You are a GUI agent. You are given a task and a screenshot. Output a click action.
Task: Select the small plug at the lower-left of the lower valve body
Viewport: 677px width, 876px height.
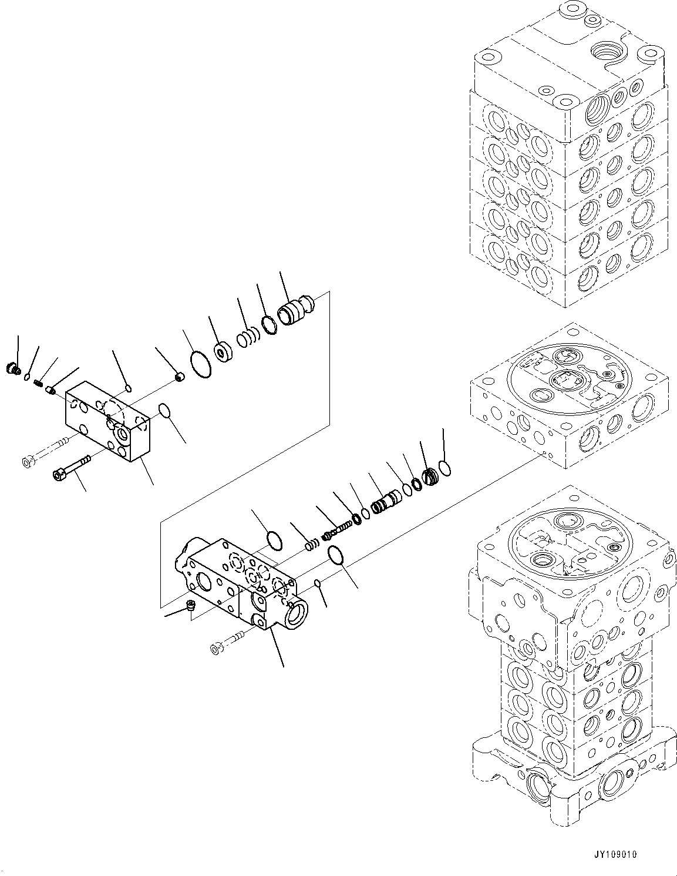point(190,606)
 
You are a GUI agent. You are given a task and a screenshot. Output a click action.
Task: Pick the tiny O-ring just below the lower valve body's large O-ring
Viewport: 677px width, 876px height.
point(318,583)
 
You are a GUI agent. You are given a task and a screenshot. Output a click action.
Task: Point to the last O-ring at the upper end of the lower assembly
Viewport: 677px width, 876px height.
point(444,451)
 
